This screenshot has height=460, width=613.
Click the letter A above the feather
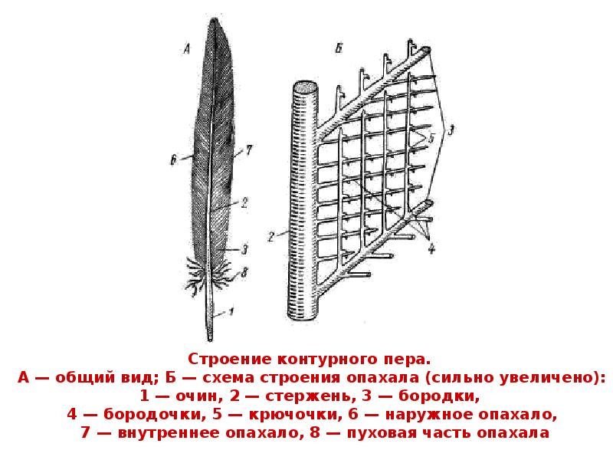186,50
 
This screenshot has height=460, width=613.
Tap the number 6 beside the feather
175,160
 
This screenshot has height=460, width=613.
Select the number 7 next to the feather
249,152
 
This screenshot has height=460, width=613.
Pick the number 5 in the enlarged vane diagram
431,138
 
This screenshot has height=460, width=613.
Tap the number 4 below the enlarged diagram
431,247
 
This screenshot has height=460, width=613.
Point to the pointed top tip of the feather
221,24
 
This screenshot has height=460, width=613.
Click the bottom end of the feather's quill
210,337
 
